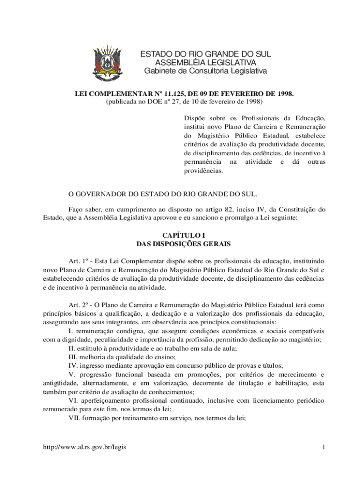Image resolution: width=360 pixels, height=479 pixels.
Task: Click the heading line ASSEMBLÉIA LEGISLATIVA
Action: [206, 63]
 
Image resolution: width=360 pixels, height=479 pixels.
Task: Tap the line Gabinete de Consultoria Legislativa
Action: [205, 71]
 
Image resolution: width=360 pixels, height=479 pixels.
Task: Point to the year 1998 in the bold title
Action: [284, 94]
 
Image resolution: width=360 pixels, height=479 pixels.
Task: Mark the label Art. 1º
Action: [79, 261]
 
